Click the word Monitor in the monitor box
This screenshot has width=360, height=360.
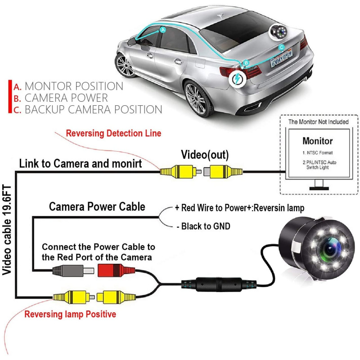[317, 141]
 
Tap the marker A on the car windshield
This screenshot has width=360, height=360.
[163, 29]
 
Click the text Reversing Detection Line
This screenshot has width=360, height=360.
[113, 133]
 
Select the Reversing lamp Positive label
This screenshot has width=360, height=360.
[70, 314]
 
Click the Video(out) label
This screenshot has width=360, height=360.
[205, 155]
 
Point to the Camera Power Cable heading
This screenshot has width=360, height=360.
[97, 207]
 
